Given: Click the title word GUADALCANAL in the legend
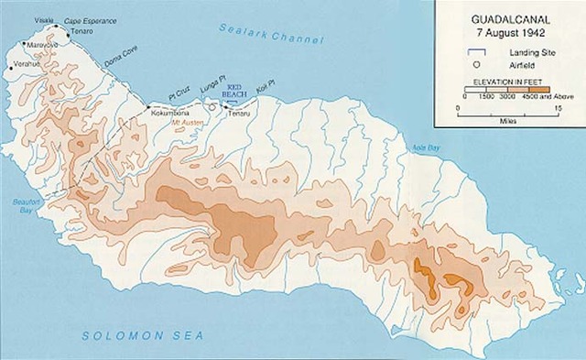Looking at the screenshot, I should point(506,16).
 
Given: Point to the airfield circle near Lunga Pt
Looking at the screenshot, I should point(212,107).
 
